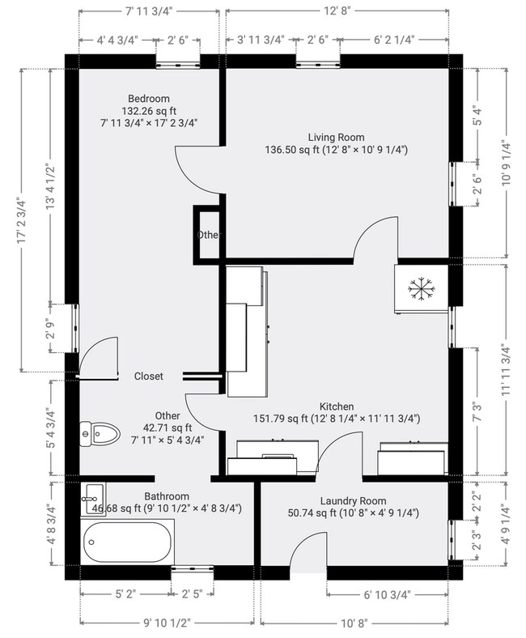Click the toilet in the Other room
pyautogui.click(x=100, y=434)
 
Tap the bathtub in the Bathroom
pyautogui.click(x=127, y=542)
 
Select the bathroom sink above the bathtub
pyautogui.click(x=93, y=500)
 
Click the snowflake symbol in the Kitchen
pyautogui.click(x=421, y=289)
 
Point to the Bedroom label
pyautogui.click(x=148, y=99)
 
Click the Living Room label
pyautogui.click(x=336, y=137)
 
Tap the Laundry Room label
pyautogui.click(x=353, y=501)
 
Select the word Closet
pyautogui.click(x=148, y=376)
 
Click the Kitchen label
pyautogui.click(x=337, y=406)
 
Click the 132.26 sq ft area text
pyautogui.click(x=149, y=111)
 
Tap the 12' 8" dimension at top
pyautogui.click(x=337, y=11)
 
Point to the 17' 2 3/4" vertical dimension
pyautogui.click(x=21, y=221)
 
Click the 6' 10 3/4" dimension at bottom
pyautogui.click(x=387, y=595)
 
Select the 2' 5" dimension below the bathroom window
pyautogui.click(x=192, y=594)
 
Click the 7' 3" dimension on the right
pyautogui.click(x=477, y=411)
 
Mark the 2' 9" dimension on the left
pyautogui.click(x=50, y=329)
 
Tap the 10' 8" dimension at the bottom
pyautogui.click(x=354, y=623)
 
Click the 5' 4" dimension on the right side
pyautogui.click(x=478, y=116)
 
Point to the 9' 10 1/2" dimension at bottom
pyautogui.click(x=167, y=623)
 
